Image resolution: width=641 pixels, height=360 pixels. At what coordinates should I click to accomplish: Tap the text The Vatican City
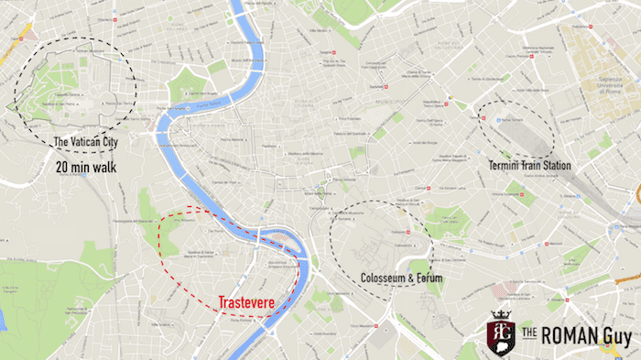click(x=89, y=142)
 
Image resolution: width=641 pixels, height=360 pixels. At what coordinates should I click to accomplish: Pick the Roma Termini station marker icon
click(x=495, y=119)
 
